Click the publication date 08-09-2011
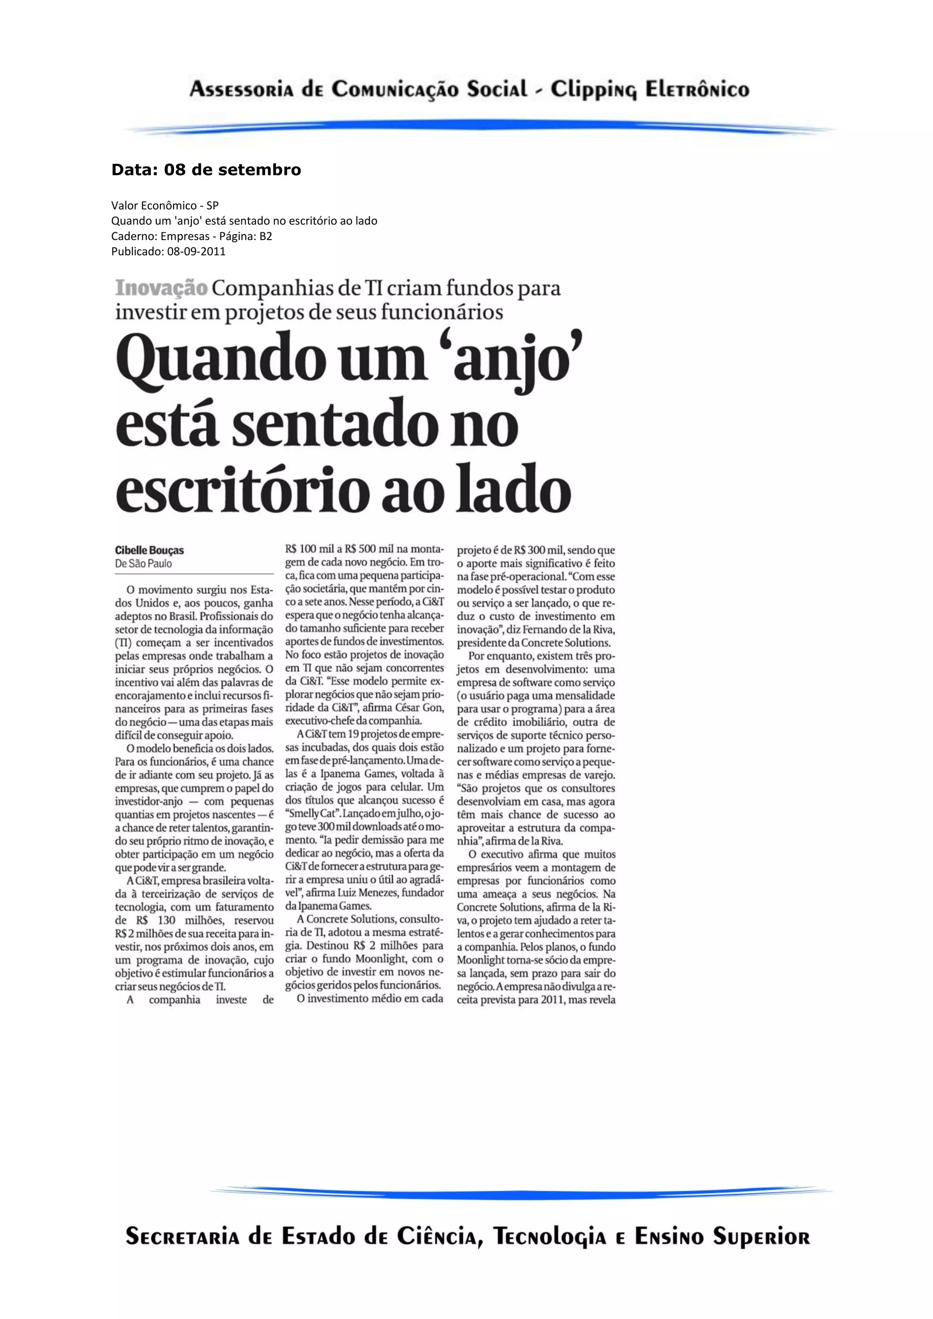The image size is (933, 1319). tap(196, 251)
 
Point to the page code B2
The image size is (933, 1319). tap(266, 236)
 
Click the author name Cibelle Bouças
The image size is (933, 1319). tap(149, 550)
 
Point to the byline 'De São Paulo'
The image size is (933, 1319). tap(144, 563)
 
